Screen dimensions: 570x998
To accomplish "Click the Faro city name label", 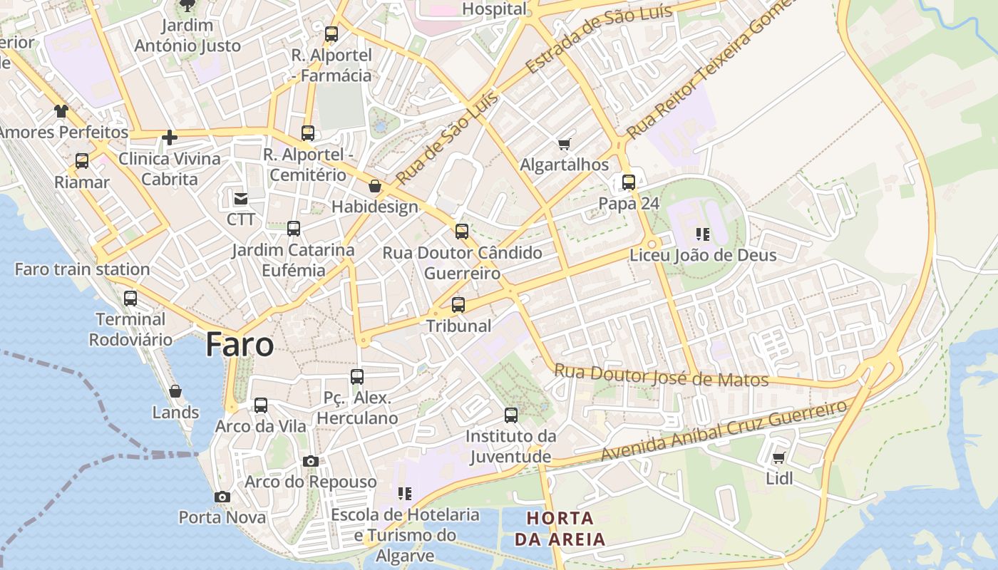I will (x=240, y=345).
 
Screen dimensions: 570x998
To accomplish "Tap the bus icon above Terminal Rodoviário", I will (x=130, y=299).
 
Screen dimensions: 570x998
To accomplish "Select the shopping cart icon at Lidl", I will (x=779, y=457).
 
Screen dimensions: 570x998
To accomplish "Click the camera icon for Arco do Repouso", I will (x=310, y=461).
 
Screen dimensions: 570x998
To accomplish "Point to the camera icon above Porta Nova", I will (x=222, y=497).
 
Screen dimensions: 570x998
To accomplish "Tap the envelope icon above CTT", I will (x=241, y=198).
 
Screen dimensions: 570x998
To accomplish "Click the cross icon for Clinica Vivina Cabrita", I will (x=170, y=137).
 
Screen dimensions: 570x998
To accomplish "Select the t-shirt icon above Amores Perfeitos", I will (x=61, y=111).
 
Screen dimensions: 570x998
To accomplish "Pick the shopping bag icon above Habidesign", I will (x=375, y=187).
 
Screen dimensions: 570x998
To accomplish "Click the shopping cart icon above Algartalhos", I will (x=565, y=144).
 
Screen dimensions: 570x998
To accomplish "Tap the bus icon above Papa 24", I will (x=628, y=182).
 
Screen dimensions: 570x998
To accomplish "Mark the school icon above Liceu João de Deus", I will (x=703, y=234).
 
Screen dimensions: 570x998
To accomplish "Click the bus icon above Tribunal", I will (x=458, y=305).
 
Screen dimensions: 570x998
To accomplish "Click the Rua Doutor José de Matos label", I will (x=662, y=375).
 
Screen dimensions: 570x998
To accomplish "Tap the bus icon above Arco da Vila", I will (x=261, y=405).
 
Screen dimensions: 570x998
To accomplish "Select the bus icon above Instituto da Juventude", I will (x=511, y=415).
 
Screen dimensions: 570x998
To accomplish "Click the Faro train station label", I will (x=82, y=269).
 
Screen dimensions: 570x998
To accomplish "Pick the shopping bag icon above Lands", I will (x=175, y=391).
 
